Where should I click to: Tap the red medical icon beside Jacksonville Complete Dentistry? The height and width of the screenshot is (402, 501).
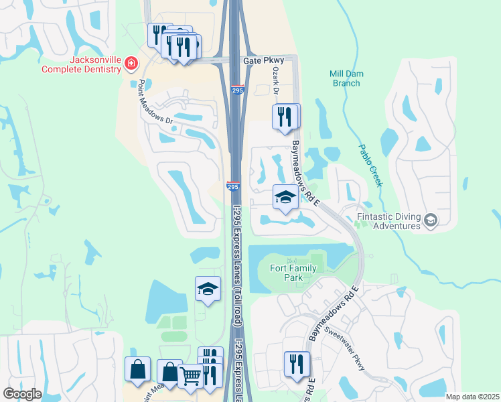point(131,64)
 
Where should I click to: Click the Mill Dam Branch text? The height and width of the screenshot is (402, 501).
point(346,78)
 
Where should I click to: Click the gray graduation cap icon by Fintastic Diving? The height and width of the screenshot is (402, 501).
point(431,219)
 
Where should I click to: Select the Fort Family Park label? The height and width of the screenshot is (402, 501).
point(292,273)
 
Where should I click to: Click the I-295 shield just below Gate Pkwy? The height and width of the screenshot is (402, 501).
point(238,90)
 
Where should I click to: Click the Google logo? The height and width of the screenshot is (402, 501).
point(21,393)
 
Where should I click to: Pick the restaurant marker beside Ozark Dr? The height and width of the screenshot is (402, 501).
point(285,117)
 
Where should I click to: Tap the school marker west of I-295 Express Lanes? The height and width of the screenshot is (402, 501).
point(208,289)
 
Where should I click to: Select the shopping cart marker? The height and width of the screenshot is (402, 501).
point(190,377)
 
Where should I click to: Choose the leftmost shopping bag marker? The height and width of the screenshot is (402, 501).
point(137,369)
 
